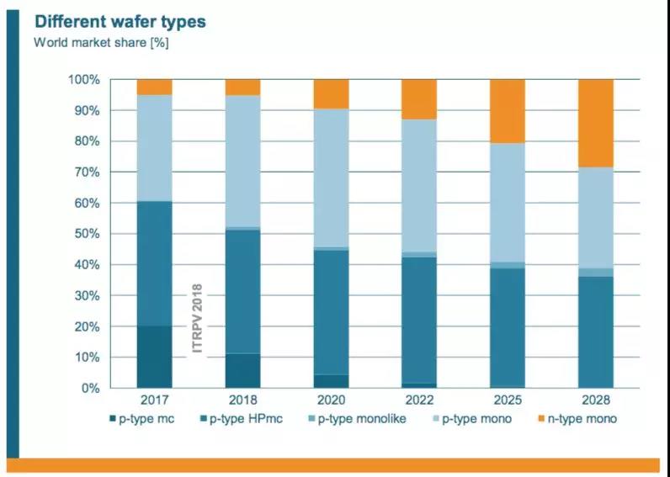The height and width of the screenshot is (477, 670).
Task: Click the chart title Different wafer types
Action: click(120, 21)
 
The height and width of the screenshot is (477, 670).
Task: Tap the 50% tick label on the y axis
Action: click(86, 234)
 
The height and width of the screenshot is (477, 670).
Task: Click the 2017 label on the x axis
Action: click(154, 401)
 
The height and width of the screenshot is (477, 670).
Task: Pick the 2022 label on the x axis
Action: click(418, 401)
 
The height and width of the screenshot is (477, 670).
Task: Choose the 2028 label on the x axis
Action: click(595, 401)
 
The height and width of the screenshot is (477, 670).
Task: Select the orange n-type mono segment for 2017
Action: click(154, 87)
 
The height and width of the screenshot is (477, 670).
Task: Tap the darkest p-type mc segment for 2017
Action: click(154, 357)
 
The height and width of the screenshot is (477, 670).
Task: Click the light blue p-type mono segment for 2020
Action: click(331, 178)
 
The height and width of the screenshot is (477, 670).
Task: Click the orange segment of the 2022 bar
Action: click(418, 99)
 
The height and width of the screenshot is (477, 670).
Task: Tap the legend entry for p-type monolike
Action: click(362, 418)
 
